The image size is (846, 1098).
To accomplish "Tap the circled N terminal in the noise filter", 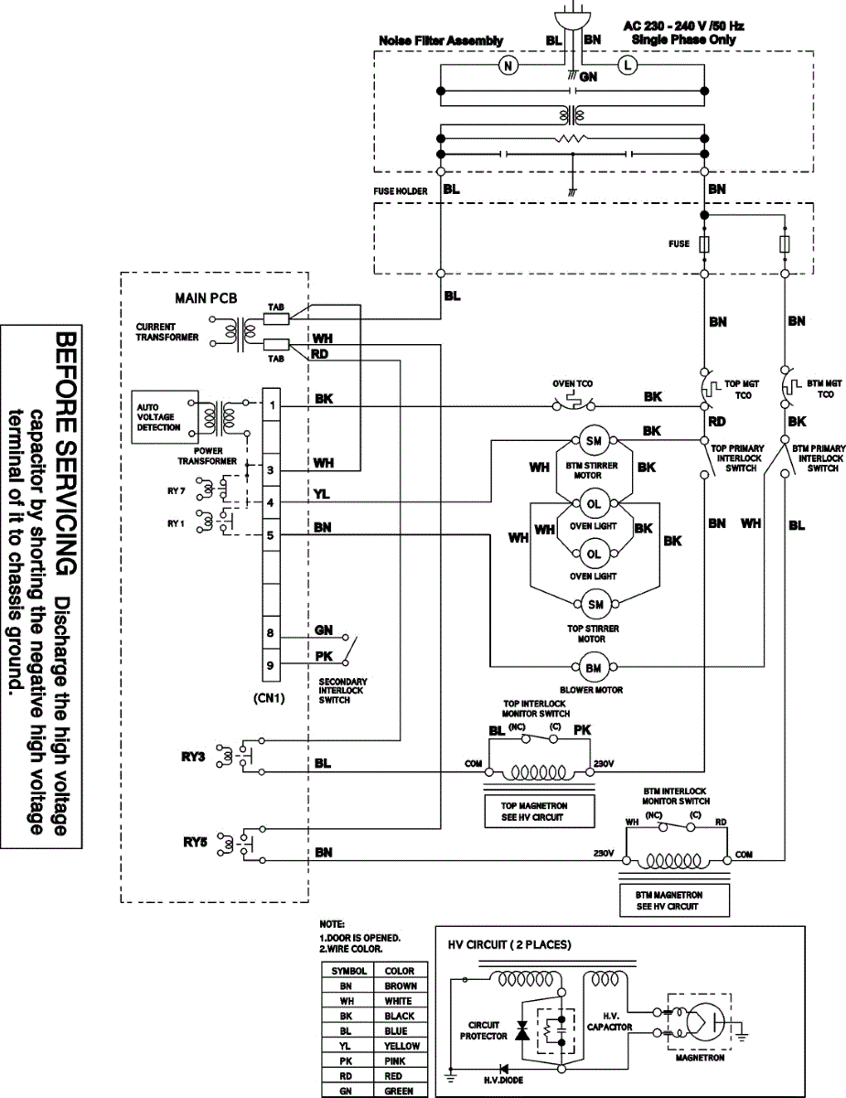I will coord(508,65).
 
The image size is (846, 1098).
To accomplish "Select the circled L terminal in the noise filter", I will coord(627,65).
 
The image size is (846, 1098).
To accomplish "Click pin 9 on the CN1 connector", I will coord(271,665).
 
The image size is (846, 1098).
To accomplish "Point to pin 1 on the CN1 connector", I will coord(271,404).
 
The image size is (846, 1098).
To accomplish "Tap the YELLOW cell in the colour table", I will coord(400,1046).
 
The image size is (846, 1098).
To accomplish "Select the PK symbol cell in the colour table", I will coord(346,1060).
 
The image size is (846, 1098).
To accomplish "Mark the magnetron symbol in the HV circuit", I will coord(700,1022).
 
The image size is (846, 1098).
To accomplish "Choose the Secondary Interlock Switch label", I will coord(343,690).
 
